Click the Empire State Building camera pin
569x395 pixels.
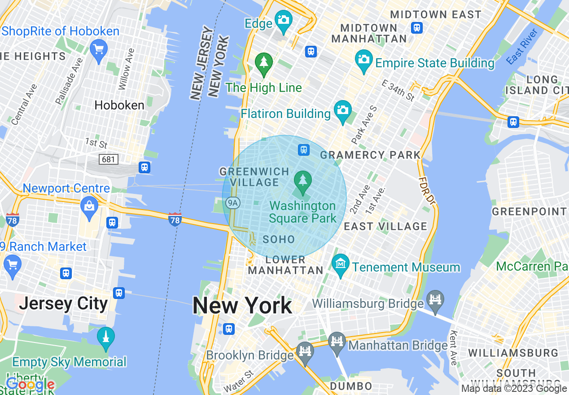[x=363, y=59]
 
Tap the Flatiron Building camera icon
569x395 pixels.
[x=343, y=110]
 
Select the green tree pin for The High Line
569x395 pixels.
[x=264, y=62]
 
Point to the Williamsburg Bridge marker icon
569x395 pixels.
[x=435, y=298]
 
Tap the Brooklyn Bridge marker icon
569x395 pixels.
[x=305, y=351]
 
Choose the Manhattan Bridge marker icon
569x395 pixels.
[x=337, y=341]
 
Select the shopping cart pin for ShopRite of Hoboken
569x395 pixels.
[x=98, y=48]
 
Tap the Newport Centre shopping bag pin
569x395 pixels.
[x=89, y=206]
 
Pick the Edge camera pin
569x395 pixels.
[x=284, y=20]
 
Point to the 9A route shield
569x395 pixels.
[x=232, y=203]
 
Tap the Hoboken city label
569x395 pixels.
[x=119, y=105]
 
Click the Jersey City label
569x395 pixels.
[x=63, y=304]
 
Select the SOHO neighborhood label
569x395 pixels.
[x=279, y=239]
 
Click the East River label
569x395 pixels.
[x=521, y=46]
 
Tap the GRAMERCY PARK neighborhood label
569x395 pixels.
[x=370, y=155]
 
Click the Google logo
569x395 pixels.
[x=30, y=384]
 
